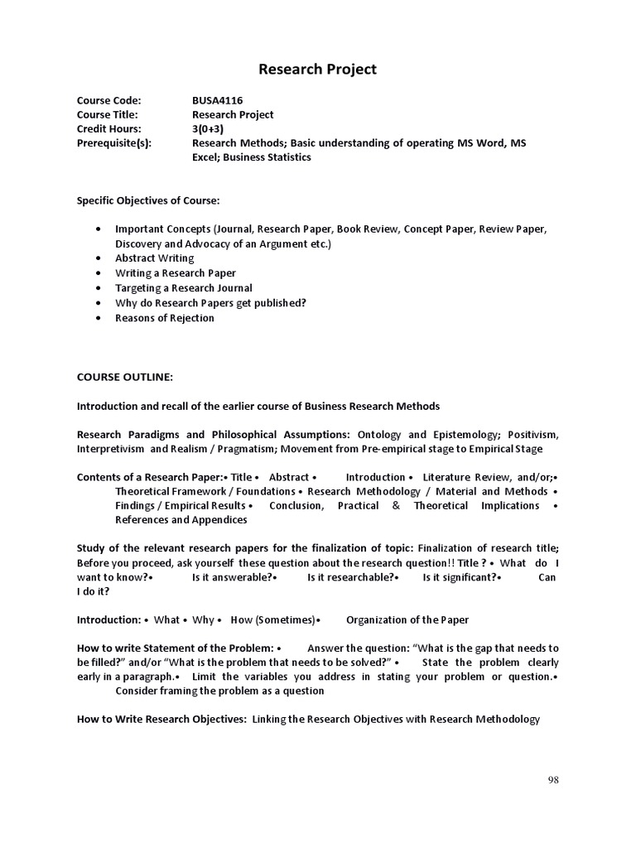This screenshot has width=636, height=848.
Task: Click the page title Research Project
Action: pos(317,70)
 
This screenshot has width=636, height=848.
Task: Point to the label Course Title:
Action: pos(107,114)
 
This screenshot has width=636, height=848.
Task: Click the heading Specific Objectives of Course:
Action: pos(148,200)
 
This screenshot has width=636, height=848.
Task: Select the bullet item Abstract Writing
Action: pos(154,258)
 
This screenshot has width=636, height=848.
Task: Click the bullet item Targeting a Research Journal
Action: pos(184,287)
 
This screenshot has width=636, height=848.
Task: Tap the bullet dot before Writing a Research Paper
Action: pos(99,273)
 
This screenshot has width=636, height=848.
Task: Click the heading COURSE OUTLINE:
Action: pos(125,377)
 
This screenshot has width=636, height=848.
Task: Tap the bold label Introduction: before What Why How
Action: pos(108,619)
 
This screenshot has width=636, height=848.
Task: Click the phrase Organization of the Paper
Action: pos(407,619)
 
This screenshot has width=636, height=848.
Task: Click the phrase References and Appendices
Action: pos(181,520)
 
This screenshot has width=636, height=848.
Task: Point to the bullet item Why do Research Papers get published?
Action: pos(210,302)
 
